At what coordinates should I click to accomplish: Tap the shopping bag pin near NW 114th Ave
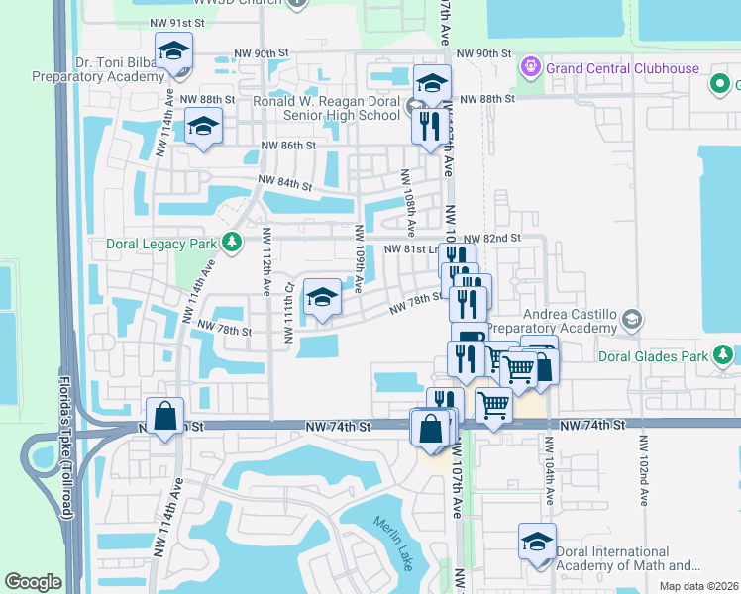coord(165,417)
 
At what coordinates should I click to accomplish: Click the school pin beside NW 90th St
coord(173,52)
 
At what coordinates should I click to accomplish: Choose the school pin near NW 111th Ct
coord(322,297)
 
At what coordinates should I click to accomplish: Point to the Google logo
coord(33,582)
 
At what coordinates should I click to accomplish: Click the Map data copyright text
coord(699,586)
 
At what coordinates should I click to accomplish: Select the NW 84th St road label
coord(285,183)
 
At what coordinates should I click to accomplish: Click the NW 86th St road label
coord(287,146)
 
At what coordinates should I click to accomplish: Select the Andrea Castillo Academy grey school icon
coord(633,320)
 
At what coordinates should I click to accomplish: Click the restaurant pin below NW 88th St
coord(428,126)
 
